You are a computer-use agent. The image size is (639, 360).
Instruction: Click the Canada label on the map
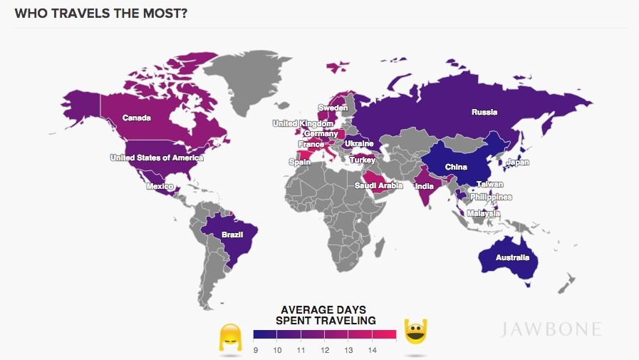point(136,118)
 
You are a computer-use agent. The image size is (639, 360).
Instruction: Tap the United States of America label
point(156,158)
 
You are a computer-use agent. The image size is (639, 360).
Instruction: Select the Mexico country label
point(160,186)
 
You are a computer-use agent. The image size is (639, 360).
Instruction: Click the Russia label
point(484,112)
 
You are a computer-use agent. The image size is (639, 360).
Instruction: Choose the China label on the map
point(455,168)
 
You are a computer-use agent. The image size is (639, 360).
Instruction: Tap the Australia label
point(513,257)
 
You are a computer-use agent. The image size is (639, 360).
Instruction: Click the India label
point(424,187)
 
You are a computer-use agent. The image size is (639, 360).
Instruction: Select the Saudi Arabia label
point(379,185)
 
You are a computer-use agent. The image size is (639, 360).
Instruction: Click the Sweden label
point(332,108)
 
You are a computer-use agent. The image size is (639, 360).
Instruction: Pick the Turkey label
point(361,160)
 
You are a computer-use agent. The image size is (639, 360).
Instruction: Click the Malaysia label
point(484,214)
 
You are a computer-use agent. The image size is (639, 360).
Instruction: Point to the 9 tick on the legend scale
point(255,350)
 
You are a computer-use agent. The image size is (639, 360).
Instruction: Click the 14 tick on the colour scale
point(372,350)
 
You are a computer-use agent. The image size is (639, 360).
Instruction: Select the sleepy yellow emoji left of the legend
point(229,336)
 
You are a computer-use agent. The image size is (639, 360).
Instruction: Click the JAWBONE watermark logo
point(551,329)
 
